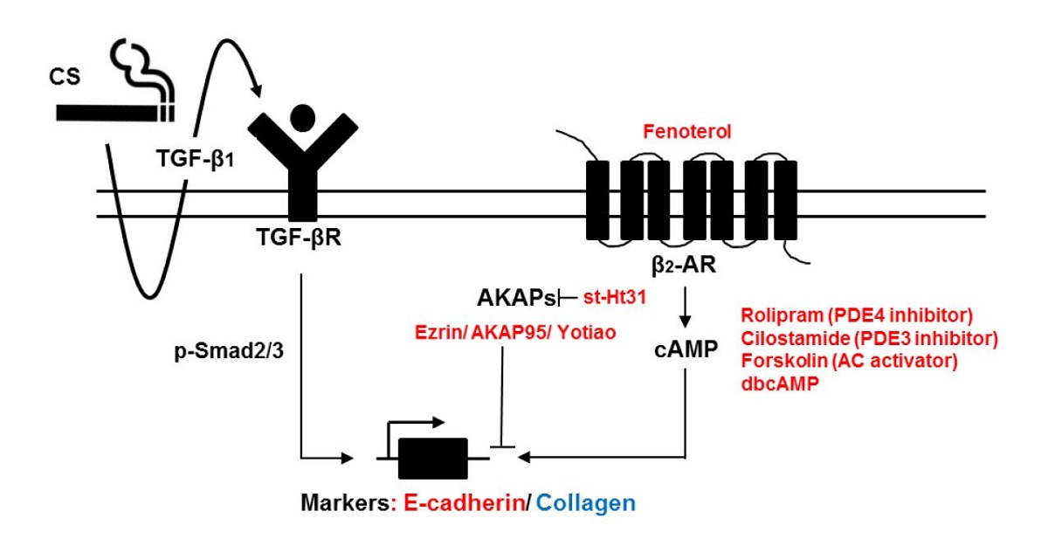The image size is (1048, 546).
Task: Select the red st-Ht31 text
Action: pos(614,299)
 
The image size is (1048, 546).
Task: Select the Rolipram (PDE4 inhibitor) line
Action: pos(857,314)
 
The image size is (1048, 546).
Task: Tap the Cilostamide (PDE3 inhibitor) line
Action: pos(869,338)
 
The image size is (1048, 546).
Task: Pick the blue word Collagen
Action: pos(586,502)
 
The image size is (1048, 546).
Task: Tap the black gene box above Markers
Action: pos(431,457)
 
